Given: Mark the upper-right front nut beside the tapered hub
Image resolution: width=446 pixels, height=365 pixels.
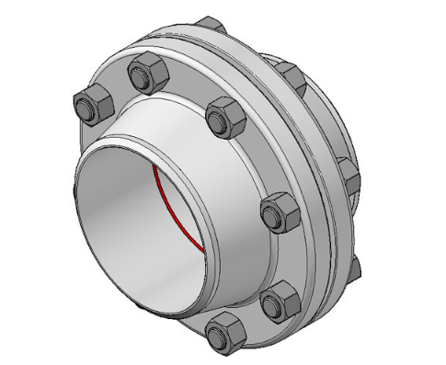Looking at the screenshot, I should (x=222, y=114).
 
